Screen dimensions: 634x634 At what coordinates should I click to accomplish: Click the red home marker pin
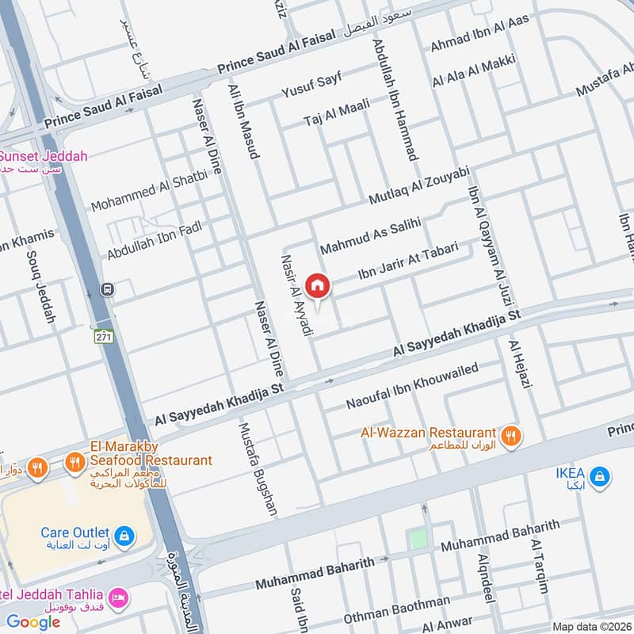click(x=318, y=285)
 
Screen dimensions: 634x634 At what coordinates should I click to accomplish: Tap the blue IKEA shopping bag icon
click(x=601, y=476)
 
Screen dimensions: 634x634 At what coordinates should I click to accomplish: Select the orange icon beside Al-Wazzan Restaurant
click(x=511, y=433)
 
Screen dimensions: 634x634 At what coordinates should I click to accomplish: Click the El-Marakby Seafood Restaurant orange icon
click(x=74, y=460)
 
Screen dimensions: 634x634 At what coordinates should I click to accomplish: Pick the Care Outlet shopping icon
click(x=123, y=537)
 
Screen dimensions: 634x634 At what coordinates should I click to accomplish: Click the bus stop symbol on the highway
click(x=108, y=290)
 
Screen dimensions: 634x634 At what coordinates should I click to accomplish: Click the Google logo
click(x=33, y=621)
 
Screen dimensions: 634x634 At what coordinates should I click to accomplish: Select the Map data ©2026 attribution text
click(x=591, y=626)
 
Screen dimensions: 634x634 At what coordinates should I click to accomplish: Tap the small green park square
click(x=418, y=540)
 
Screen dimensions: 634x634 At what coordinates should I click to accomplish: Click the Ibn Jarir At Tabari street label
click(x=409, y=261)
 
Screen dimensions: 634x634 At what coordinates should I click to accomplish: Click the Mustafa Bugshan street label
click(x=258, y=468)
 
